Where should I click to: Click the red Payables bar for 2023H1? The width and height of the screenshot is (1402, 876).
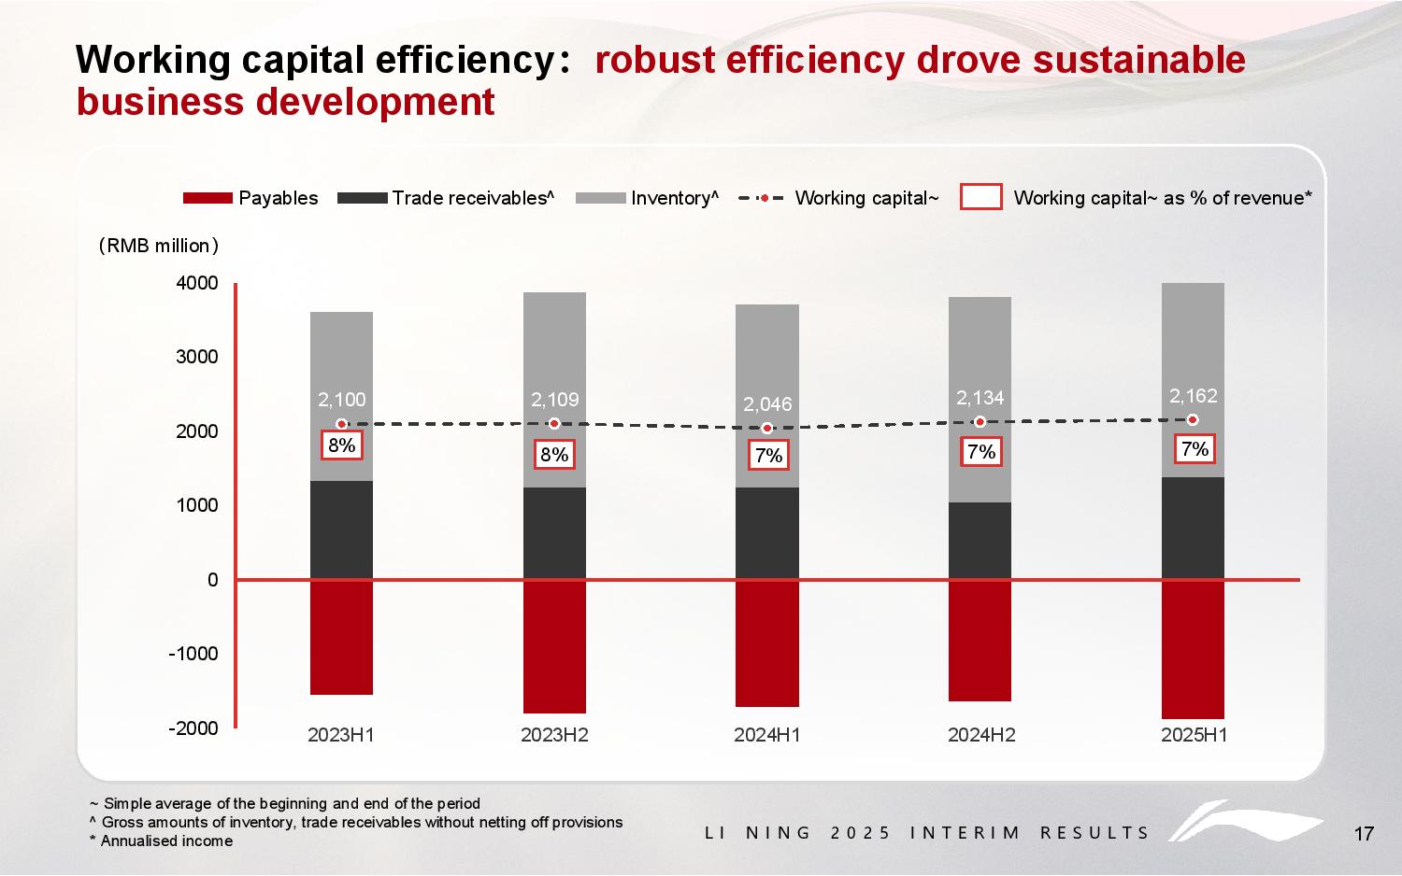point(341,637)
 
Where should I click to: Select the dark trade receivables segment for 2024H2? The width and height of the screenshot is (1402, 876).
point(980,541)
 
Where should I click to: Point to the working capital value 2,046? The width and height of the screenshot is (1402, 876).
point(767,404)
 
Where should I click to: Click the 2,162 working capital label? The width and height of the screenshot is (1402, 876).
point(1194,396)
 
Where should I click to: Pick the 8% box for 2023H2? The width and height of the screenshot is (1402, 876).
point(554,455)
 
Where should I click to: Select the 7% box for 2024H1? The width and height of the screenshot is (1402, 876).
point(768,456)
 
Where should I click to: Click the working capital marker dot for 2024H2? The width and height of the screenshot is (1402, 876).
point(980,422)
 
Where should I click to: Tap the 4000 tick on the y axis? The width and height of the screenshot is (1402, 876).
point(197,283)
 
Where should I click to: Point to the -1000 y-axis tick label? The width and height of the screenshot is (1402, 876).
point(193,654)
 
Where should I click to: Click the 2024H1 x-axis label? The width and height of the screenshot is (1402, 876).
point(767,735)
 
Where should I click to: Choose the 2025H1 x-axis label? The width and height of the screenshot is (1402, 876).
point(1194,735)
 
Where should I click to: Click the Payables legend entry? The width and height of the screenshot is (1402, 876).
point(250,198)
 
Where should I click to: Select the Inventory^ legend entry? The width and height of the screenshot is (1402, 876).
point(647,198)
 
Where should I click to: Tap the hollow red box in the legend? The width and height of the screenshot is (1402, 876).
point(980,197)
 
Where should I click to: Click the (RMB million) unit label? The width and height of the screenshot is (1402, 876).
point(158,246)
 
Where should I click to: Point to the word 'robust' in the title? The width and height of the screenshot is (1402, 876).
point(653,60)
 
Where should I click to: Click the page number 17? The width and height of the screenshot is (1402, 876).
point(1364,834)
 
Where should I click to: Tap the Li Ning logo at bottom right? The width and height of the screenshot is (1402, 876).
point(1243,823)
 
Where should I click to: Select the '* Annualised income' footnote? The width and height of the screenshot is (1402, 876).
point(161,841)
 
